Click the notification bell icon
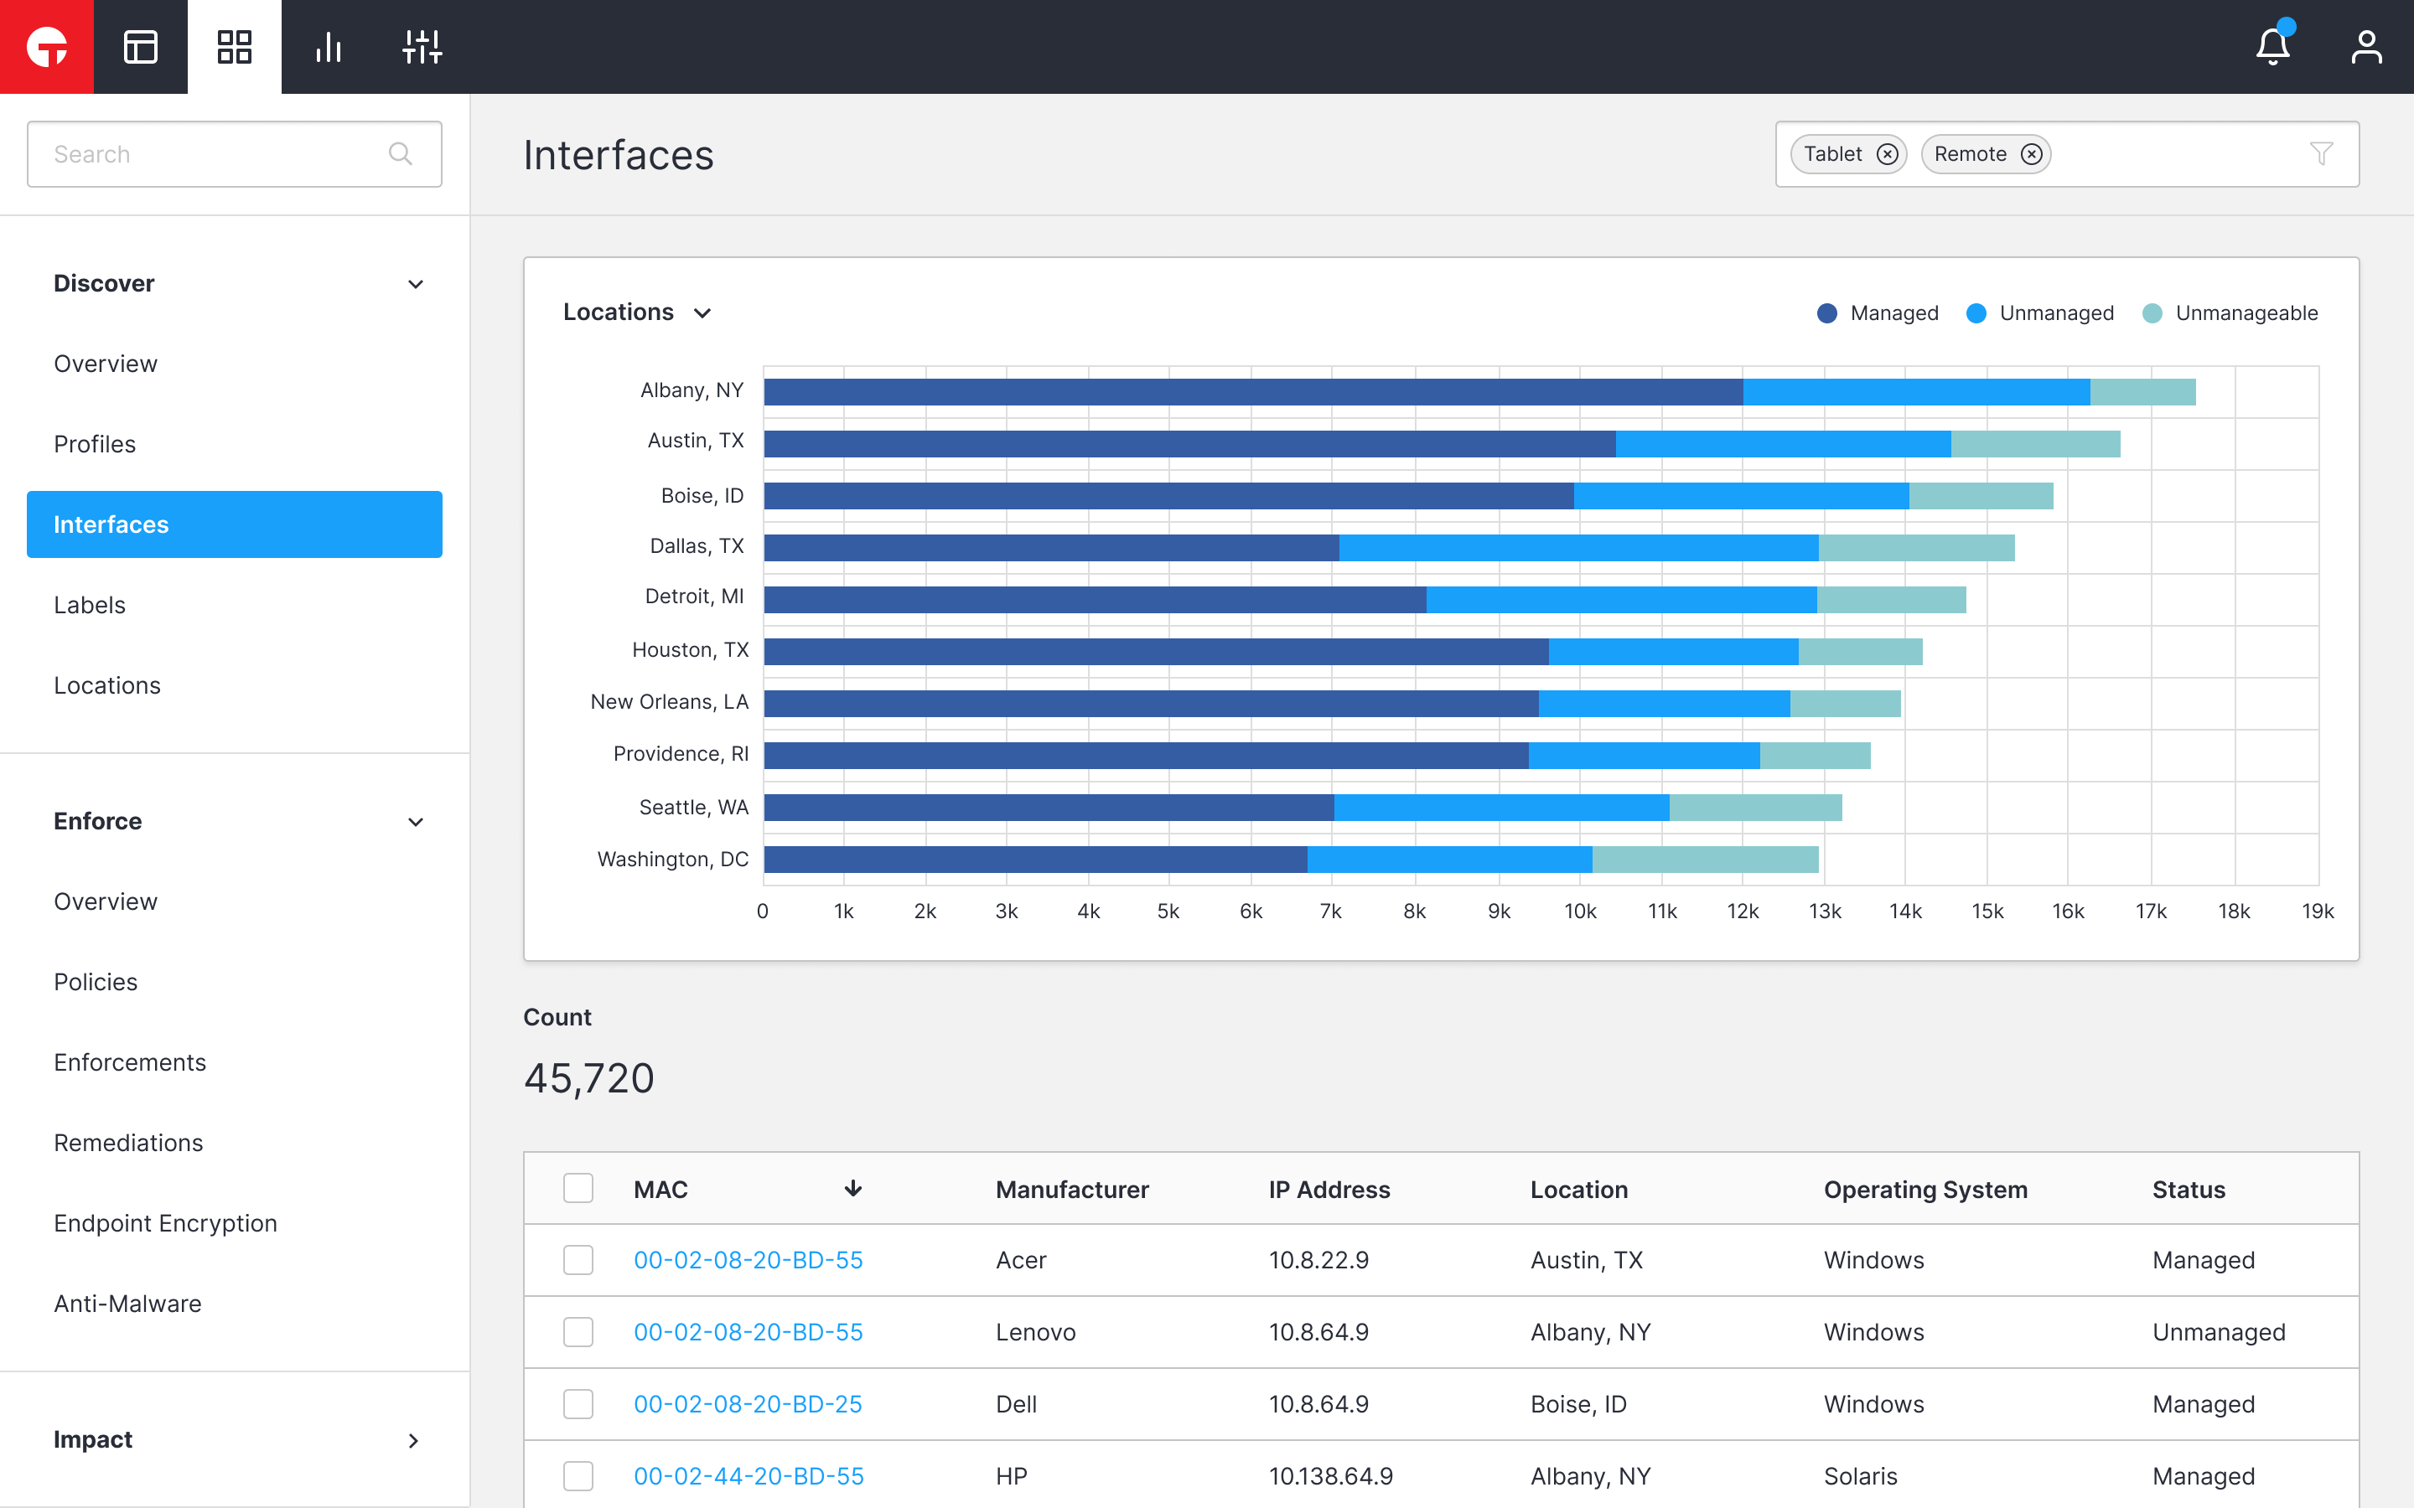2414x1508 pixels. click(x=2272, y=47)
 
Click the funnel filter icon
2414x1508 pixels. click(x=2321, y=153)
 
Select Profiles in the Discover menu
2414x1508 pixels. click(x=95, y=444)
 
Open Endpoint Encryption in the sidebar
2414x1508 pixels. click(x=166, y=1223)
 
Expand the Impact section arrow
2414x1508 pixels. click(x=414, y=1439)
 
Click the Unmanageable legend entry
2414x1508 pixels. click(x=2230, y=313)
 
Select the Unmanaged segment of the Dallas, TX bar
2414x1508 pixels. click(x=1578, y=548)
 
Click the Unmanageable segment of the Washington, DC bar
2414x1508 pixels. click(x=1705, y=859)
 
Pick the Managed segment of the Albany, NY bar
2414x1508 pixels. click(x=1253, y=392)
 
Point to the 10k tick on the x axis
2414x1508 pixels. click(x=1580, y=911)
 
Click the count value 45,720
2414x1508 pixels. click(x=588, y=1078)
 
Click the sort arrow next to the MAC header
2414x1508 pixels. click(x=853, y=1188)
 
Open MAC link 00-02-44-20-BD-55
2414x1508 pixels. click(x=749, y=1475)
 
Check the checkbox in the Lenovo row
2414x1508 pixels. click(x=578, y=1331)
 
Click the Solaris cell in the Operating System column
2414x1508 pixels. click(x=1861, y=1475)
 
